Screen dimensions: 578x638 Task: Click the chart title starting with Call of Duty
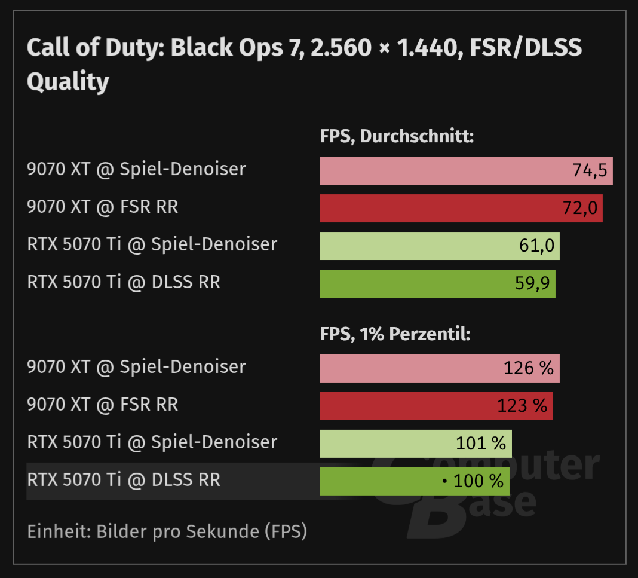tap(303, 64)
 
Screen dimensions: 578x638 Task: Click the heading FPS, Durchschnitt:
tap(397, 137)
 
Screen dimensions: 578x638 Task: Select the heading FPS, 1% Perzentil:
tap(395, 335)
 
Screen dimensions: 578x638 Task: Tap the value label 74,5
tap(590, 171)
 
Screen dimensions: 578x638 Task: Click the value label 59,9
tap(533, 283)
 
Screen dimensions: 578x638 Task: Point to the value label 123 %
tap(522, 406)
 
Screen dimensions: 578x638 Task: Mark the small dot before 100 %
tap(444, 481)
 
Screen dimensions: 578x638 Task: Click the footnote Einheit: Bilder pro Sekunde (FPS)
tap(167, 531)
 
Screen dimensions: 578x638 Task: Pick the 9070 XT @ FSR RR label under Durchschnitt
tap(103, 207)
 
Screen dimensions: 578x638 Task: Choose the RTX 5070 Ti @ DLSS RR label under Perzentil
tap(124, 479)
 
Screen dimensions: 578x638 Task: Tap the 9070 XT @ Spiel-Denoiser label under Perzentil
tap(136, 366)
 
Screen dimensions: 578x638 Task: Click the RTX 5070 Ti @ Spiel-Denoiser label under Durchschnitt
tap(152, 244)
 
